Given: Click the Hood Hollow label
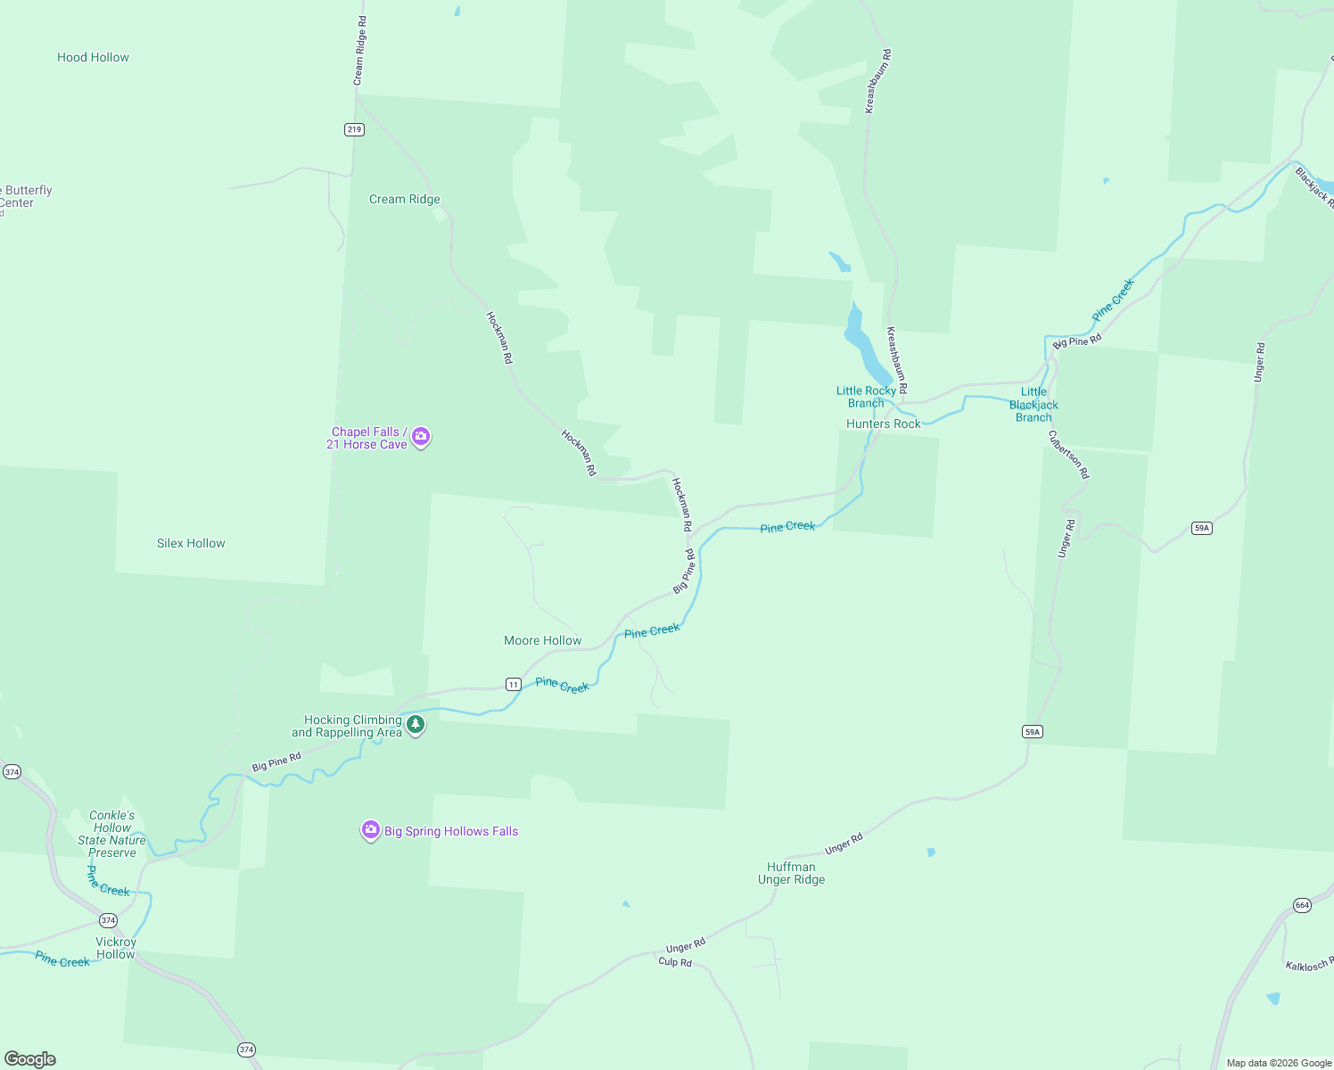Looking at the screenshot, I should point(93,57).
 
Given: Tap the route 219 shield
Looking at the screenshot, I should point(354,129).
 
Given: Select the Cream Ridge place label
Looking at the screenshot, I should point(404,199).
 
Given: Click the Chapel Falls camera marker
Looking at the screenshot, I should point(421,437).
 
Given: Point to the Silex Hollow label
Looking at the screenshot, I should point(191,543).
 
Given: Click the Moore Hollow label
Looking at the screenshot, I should point(542,640).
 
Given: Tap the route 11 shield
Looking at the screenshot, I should point(513,684).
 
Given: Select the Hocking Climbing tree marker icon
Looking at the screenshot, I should point(416,724).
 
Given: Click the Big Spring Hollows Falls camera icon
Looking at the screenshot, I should point(371,830).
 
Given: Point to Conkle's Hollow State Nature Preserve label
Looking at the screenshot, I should point(111,834).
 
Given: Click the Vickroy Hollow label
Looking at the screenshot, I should point(116,948).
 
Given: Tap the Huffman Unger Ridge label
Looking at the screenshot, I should point(791,873).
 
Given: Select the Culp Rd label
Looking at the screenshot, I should point(675,962).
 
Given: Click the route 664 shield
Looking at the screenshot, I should point(1302,905).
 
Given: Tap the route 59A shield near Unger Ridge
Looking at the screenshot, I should point(1032,731).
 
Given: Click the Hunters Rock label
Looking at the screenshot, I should point(883,424).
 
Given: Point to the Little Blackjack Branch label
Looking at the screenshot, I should point(1033,404).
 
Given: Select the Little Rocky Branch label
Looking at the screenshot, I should point(866,397).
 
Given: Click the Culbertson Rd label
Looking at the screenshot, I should point(1068,455).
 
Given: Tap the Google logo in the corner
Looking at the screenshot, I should point(30,1059).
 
